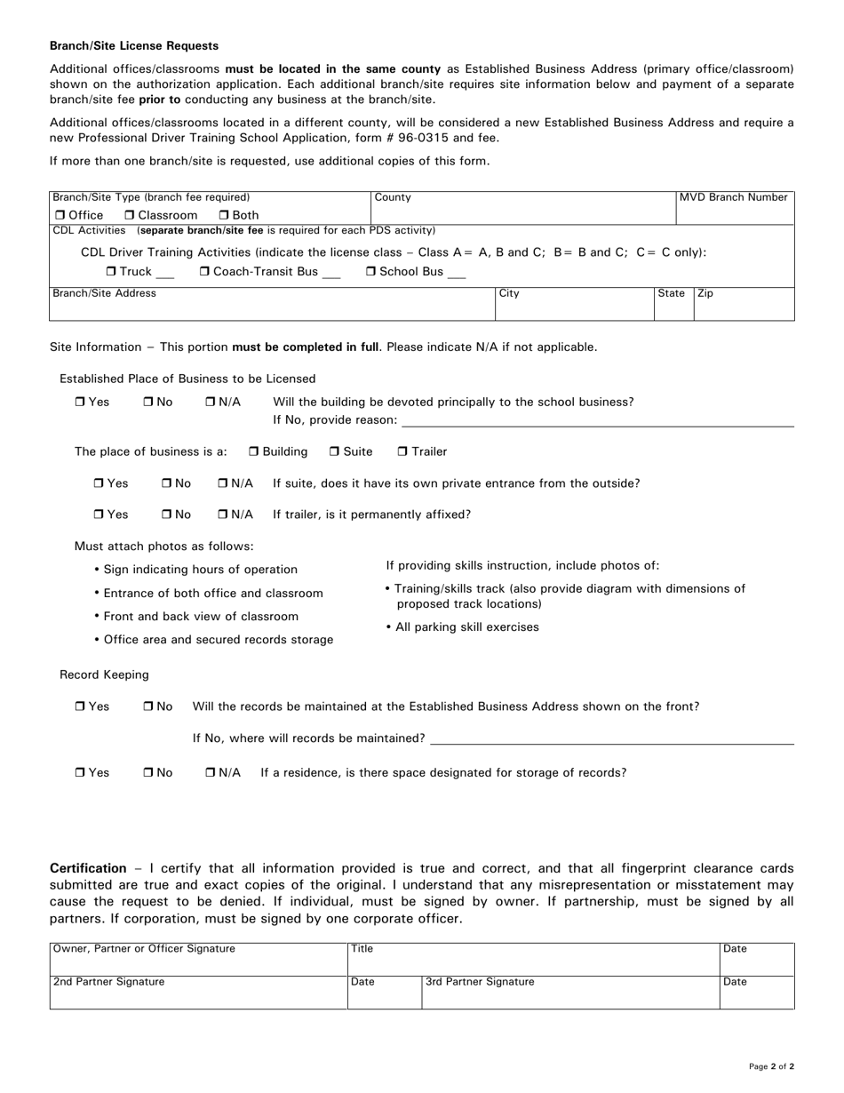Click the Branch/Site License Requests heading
click(134, 45)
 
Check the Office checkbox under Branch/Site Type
click(60, 216)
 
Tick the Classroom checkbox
click(130, 216)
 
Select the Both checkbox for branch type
click(224, 216)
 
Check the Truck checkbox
click(110, 272)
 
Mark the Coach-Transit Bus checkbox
click(204, 272)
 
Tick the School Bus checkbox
click(371, 272)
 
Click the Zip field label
click(705, 293)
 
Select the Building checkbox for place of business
click(254, 452)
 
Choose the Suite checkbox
click(334, 452)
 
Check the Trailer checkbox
click(402, 452)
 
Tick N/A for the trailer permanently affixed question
click(223, 515)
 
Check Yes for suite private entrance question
click(99, 484)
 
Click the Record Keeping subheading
click(104, 675)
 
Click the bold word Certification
click(88, 868)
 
